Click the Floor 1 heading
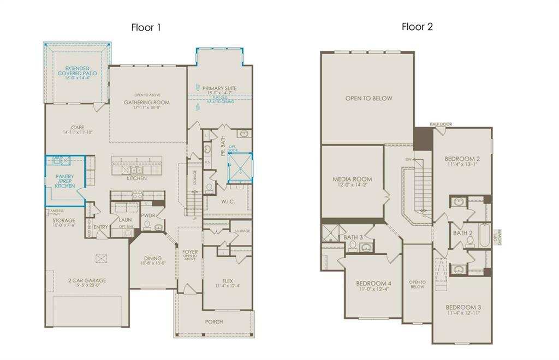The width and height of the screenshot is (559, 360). point(146,27)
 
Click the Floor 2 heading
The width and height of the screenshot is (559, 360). point(417,27)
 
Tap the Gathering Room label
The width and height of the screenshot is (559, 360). point(146,103)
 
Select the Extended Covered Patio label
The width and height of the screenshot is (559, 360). point(78,73)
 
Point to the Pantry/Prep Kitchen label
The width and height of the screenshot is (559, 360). point(65,181)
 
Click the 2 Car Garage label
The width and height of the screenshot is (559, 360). point(87,281)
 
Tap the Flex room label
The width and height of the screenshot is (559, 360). point(227,267)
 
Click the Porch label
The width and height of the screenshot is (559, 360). point(214,322)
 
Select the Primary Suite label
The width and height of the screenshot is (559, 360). point(219,88)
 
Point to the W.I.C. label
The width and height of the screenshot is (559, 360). point(228,202)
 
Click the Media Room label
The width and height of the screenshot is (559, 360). point(352,179)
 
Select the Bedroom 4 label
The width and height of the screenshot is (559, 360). point(373,284)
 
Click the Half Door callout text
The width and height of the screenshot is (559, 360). point(441,124)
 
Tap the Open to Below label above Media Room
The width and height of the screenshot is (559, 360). point(368,99)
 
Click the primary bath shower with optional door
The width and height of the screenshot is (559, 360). point(240,167)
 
